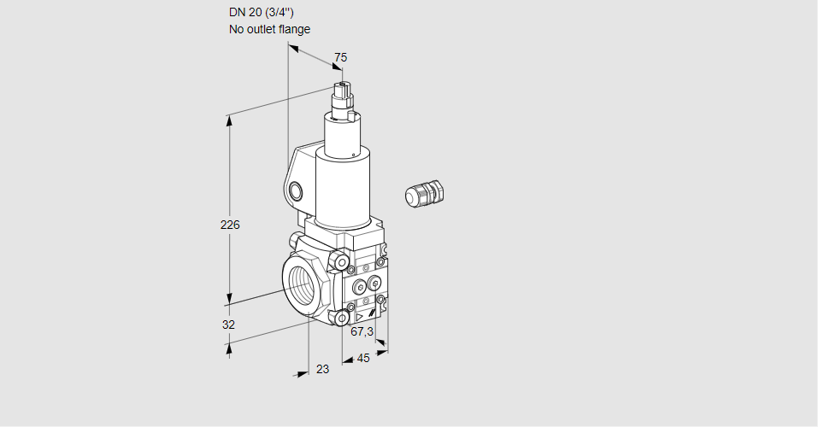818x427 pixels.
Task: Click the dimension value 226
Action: click(230, 225)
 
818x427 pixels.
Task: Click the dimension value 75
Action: click(340, 57)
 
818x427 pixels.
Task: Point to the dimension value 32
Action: click(228, 325)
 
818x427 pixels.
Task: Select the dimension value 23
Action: click(322, 369)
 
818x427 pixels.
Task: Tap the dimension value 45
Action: click(363, 358)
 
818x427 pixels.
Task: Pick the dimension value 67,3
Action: click(362, 331)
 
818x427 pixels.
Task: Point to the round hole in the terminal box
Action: click(296, 190)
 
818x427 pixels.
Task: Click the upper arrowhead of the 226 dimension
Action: click(229, 120)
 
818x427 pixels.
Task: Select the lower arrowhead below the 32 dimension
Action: click(229, 346)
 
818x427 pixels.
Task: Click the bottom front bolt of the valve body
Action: click(343, 319)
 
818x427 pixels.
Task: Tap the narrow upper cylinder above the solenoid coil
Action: click(344, 132)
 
